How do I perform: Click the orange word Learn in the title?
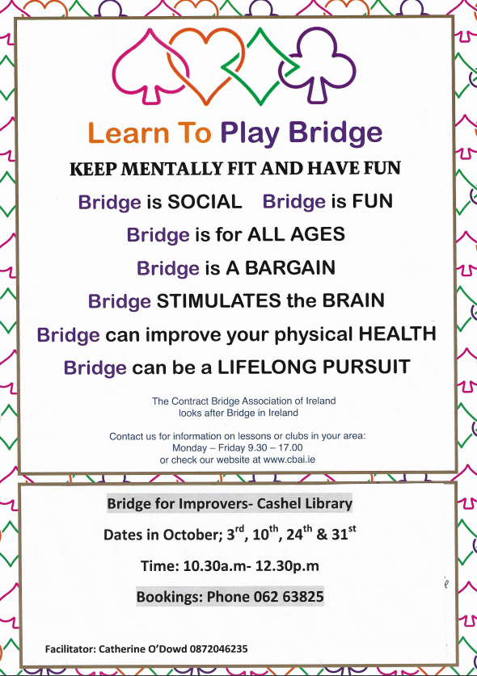point(129,132)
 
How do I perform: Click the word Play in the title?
point(250,134)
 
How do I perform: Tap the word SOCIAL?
point(205,202)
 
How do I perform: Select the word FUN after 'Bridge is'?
point(372,201)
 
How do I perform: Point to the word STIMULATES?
point(218,301)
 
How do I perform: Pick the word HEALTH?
point(397,334)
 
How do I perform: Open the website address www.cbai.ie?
point(289,460)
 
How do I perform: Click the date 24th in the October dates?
point(298,534)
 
